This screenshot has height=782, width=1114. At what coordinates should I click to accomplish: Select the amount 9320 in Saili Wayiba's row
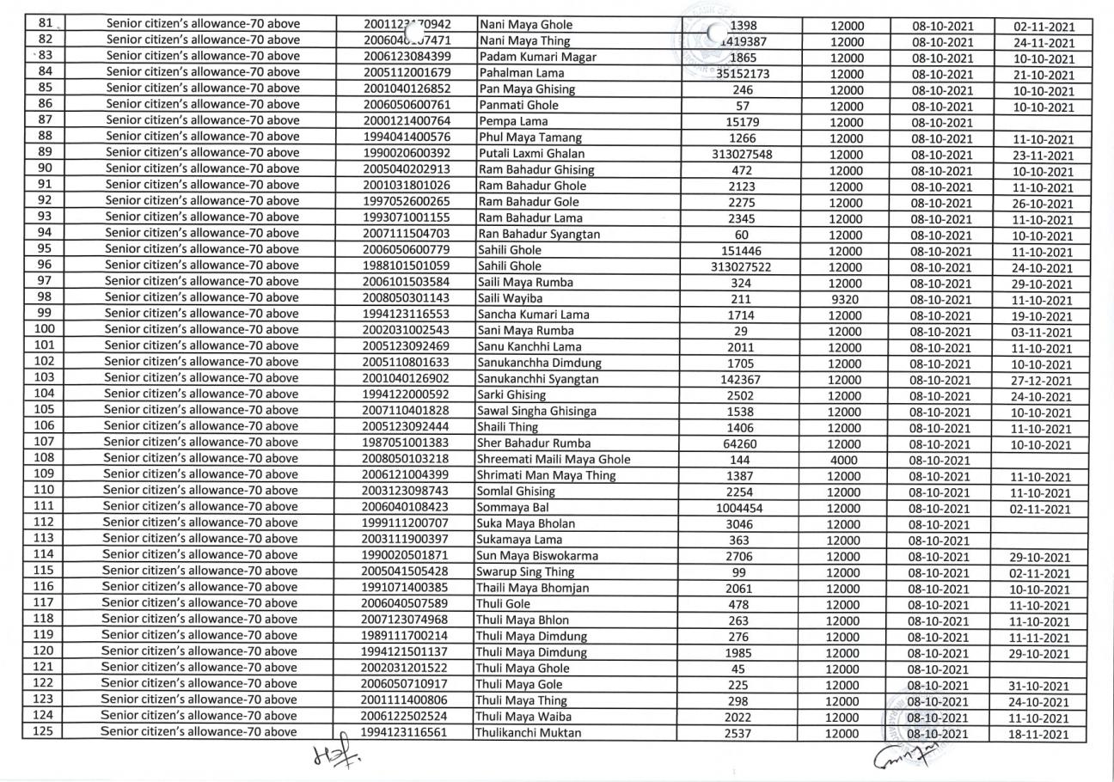coord(847,300)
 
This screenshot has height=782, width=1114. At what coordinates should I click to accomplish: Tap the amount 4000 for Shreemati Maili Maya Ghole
coord(846,461)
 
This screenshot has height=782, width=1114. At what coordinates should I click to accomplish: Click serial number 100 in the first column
coord(44,330)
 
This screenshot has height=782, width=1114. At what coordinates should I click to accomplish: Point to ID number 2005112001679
coord(406,73)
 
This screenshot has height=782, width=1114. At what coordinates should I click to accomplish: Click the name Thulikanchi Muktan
coord(528,733)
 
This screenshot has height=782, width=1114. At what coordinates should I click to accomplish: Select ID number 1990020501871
coord(406,556)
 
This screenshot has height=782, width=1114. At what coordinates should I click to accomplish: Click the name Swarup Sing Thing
coord(525,572)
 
